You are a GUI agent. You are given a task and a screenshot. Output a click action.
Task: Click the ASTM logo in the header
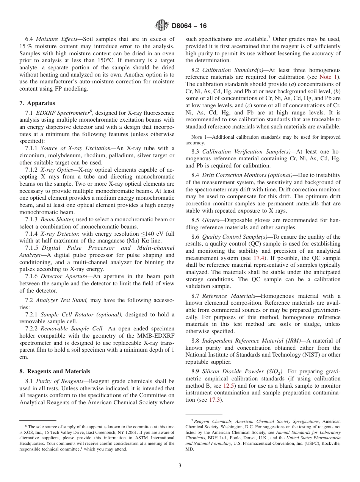[162, 26]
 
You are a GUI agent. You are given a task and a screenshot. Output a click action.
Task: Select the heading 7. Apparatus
[37, 103]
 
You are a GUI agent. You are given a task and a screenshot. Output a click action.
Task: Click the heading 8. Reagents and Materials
[55, 371]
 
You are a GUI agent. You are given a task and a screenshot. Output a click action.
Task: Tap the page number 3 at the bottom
[180, 465]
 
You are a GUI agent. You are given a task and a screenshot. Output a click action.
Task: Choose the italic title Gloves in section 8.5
[210, 220]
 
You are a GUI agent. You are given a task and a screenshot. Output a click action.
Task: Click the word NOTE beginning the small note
[193, 137]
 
